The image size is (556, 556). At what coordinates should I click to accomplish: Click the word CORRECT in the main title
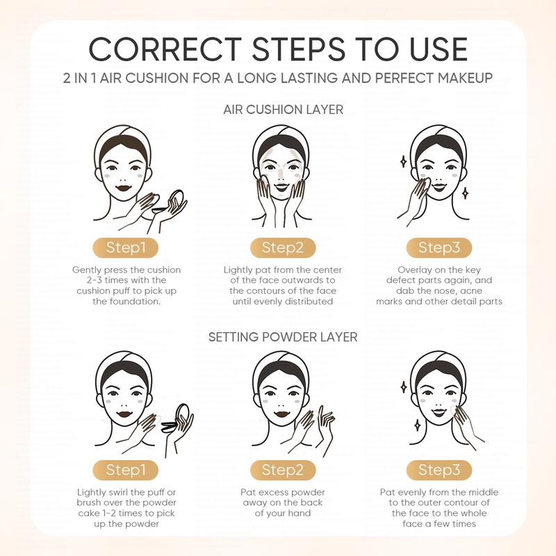click(x=165, y=49)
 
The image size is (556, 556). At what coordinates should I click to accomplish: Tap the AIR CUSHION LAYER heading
click(x=284, y=110)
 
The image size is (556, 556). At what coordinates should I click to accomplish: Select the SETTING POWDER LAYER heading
click(x=283, y=337)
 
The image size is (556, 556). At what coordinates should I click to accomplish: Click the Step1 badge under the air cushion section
click(x=126, y=247)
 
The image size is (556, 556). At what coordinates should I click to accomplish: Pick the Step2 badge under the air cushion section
click(x=283, y=247)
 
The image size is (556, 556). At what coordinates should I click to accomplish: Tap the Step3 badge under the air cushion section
click(x=439, y=247)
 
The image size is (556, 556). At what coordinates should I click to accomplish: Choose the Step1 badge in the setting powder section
click(x=126, y=470)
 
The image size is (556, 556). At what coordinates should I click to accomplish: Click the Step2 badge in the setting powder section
click(x=283, y=470)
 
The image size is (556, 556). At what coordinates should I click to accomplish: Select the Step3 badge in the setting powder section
click(x=439, y=470)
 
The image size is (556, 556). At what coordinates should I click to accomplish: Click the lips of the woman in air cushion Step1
click(x=124, y=188)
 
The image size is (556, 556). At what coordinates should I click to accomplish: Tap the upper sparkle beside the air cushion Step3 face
click(x=403, y=161)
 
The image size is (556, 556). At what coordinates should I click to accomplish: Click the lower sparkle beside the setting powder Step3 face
click(x=418, y=425)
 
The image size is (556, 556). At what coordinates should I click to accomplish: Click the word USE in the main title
click(x=439, y=49)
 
